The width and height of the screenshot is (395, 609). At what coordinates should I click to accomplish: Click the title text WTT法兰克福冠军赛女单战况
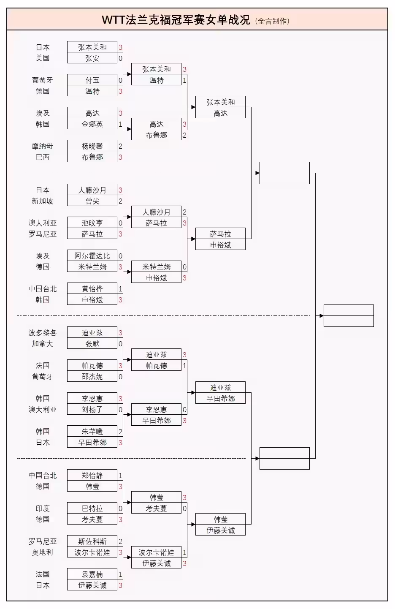(176, 20)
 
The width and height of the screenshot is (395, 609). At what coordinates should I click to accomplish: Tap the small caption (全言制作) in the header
(272, 21)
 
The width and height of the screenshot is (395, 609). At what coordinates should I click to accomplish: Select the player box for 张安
(92, 58)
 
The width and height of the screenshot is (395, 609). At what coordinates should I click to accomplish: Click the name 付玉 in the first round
(92, 80)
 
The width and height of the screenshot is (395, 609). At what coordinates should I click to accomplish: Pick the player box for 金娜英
(92, 124)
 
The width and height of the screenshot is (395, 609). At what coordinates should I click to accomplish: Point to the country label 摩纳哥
(42, 146)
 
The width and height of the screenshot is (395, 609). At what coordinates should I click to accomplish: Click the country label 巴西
(42, 157)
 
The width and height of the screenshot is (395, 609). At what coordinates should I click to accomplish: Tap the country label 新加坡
(42, 201)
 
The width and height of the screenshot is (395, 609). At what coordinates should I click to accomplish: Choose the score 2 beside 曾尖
(120, 201)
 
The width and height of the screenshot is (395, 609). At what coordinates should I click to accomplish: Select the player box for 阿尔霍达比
(92, 256)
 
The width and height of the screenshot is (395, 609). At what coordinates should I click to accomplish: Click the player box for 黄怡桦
(92, 289)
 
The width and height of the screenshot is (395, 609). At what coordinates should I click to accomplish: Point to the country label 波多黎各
(42, 333)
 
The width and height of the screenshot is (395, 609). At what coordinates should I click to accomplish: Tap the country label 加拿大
(42, 344)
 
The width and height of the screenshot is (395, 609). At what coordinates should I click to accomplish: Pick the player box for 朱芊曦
(92, 432)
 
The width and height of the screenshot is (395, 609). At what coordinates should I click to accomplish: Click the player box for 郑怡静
(92, 476)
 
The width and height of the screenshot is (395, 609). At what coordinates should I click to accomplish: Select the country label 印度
(42, 508)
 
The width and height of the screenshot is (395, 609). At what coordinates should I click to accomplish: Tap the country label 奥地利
(42, 552)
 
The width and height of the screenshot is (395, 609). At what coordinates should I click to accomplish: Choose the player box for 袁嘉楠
(92, 574)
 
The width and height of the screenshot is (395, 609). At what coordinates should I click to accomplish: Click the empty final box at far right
(349, 315)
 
